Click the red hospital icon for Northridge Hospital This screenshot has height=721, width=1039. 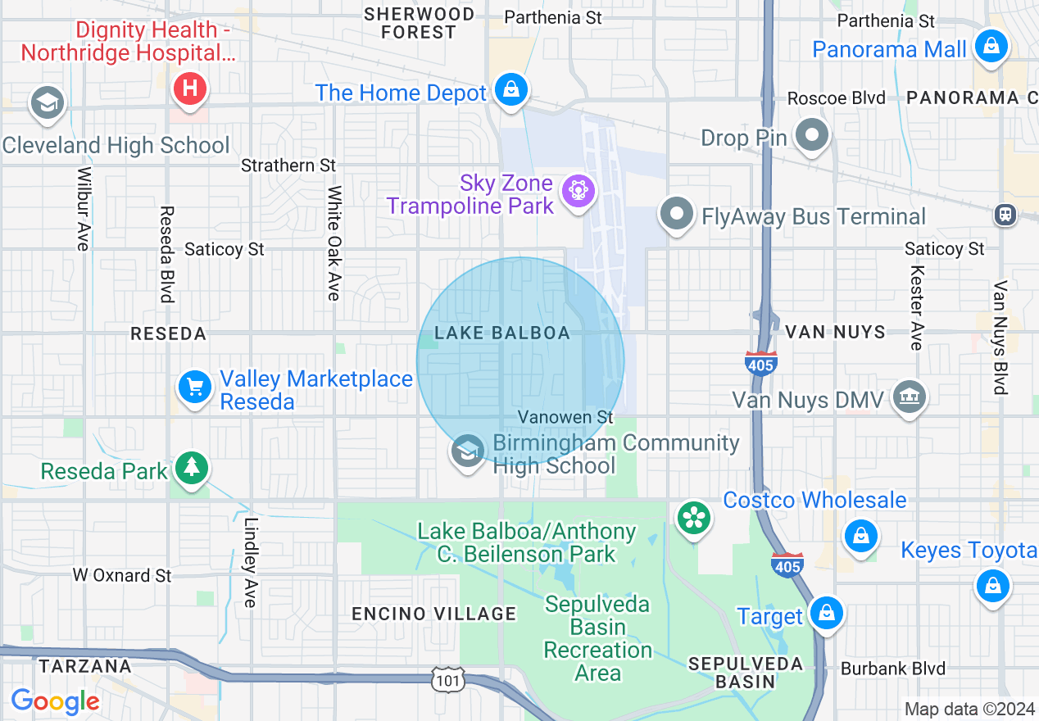(x=190, y=88)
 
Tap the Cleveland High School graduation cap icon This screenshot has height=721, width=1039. (x=48, y=104)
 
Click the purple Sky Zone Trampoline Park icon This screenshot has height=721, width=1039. (x=578, y=192)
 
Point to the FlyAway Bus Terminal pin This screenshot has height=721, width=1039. (x=677, y=215)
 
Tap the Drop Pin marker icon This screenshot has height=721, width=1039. (x=812, y=136)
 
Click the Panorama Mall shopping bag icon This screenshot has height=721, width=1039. (x=991, y=48)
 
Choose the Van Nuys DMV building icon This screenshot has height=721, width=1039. (x=909, y=398)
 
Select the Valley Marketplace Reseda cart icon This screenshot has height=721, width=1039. (x=195, y=387)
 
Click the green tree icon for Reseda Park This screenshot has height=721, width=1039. (x=192, y=469)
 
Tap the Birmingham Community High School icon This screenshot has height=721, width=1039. (x=468, y=451)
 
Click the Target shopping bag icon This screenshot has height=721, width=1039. (x=826, y=614)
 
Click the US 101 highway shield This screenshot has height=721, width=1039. (x=448, y=679)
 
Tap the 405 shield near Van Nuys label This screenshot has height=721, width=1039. (x=760, y=363)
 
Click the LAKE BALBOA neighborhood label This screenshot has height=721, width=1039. (x=501, y=333)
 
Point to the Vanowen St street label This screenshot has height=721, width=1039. (x=565, y=417)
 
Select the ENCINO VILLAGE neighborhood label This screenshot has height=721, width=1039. (x=434, y=614)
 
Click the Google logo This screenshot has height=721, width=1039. (x=55, y=701)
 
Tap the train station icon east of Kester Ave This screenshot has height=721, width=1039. (x=1005, y=215)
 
